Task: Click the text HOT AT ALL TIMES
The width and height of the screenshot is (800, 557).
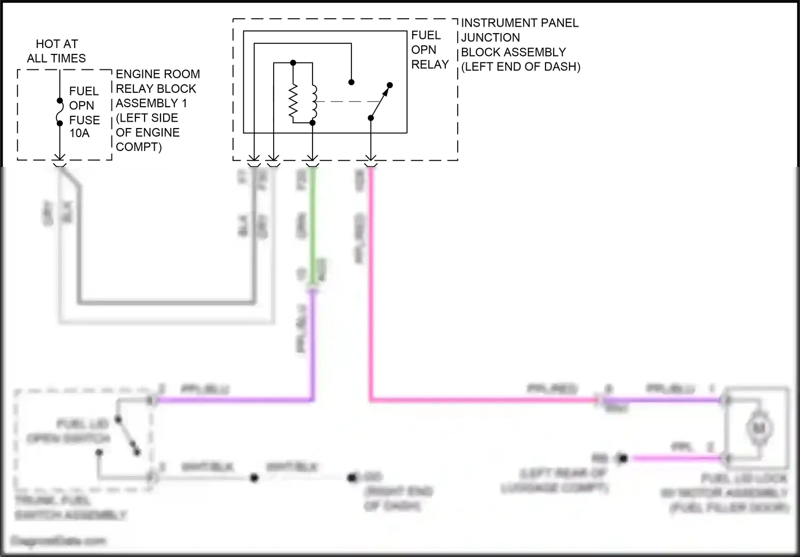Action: point(57,51)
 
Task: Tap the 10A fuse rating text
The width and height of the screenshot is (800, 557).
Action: point(79,133)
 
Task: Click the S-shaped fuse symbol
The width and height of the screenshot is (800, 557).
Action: point(60,112)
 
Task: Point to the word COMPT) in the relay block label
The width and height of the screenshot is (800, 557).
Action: point(139,147)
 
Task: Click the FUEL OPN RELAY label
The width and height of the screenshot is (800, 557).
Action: point(430,50)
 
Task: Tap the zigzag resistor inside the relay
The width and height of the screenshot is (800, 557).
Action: point(293,102)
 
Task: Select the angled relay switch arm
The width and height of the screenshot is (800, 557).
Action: point(380,101)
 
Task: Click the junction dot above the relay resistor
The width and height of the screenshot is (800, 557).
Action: point(293,63)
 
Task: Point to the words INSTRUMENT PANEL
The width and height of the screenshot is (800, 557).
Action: point(520,23)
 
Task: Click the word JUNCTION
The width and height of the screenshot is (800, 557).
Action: point(491,37)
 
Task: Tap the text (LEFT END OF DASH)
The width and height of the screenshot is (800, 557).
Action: point(521,67)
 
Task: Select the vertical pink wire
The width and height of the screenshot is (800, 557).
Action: point(370,283)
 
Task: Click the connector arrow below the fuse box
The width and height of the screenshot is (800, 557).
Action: point(60,158)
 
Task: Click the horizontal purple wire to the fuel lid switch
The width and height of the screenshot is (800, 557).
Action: point(235,400)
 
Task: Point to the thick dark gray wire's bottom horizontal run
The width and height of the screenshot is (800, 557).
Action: point(165,302)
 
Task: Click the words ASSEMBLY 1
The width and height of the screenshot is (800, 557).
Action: point(151,103)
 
